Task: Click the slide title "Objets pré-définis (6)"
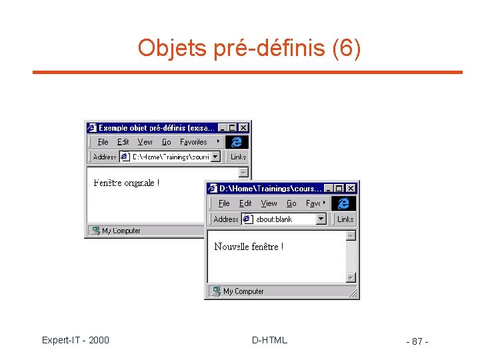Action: pyautogui.click(x=249, y=48)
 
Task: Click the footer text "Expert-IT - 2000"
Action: pyautogui.click(x=75, y=341)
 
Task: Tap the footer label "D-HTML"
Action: pyautogui.click(x=269, y=341)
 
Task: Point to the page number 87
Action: pyautogui.click(x=417, y=342)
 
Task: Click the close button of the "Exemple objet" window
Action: pyautogui.click(x=243, y=127)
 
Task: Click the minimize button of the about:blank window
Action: pyautogui.click(x=330, y=189)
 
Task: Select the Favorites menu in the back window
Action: pyautogui.click(x=193, y=142)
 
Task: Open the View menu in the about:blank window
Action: pyautogui.click(x=269, y=203)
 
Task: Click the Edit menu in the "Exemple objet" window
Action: pyautogui.click(x=123, y=142)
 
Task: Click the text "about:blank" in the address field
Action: pyautogui.click(x=274, y=219)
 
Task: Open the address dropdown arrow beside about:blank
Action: pyautogui.click(x=321, y=219)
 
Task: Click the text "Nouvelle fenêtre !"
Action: pyautogui.click(x=249, y=247)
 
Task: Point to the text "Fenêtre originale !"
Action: pyautogui.click(x=127, y=183)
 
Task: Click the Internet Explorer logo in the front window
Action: pyautogui.click(x=343, y=203)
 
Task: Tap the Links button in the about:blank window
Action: pyautogui.click(x=345, y=219)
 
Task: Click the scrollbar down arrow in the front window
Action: pyautogui.click(x=351, y=277)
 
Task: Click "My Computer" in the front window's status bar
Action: pyautogui.click(x=243, y=291)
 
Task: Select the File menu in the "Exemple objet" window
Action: pyautogui.click(x=103, y=142)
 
